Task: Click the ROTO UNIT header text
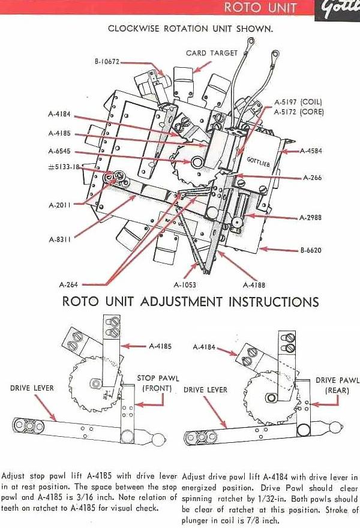tap(260, 8)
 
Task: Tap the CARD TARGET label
tap(212, 53)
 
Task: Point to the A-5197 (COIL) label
tap(299, 103)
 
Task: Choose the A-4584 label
tap(311, 151)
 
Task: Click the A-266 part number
tap(312, 178)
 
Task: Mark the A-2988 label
tap(311, 217)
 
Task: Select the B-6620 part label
tap(311, 250)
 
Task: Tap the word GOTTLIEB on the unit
tap(259, 160)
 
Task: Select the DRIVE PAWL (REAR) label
tap(337, 385)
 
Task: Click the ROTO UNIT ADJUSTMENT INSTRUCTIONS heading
tap(191, 301)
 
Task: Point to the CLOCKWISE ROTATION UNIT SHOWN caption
tap(190, 28)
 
